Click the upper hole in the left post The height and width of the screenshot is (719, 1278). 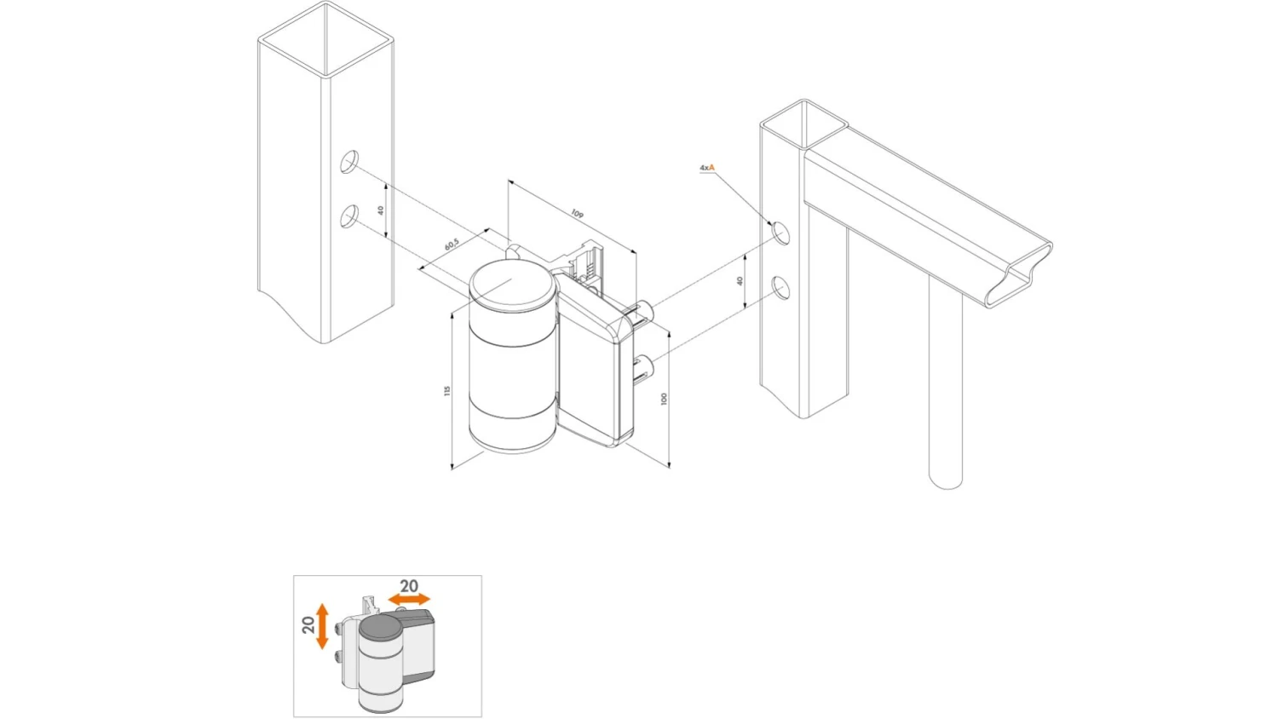coord(349,162)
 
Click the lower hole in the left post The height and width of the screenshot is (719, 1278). coord(349,217)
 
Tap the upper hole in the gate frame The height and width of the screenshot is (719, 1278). coord(780,233)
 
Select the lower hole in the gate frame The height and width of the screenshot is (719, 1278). coord(780,289)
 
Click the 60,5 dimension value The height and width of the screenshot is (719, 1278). coord(452,244)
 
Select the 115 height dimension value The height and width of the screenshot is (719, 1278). coord(446,390)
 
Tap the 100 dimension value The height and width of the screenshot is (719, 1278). coord(664,398)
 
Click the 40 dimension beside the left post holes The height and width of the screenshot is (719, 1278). coord(381,210)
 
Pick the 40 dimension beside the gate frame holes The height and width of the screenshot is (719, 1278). coord(740,280)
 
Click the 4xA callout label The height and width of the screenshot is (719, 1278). coord(707,168)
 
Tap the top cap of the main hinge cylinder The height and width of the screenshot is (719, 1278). coord(511,285)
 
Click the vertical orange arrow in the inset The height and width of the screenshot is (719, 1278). coord(322,626)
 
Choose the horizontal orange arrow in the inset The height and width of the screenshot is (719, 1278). coord(409,600)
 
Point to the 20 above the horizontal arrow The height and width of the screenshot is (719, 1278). coord(409,586)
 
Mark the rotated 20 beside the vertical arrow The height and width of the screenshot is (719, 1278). coord(308,624)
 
